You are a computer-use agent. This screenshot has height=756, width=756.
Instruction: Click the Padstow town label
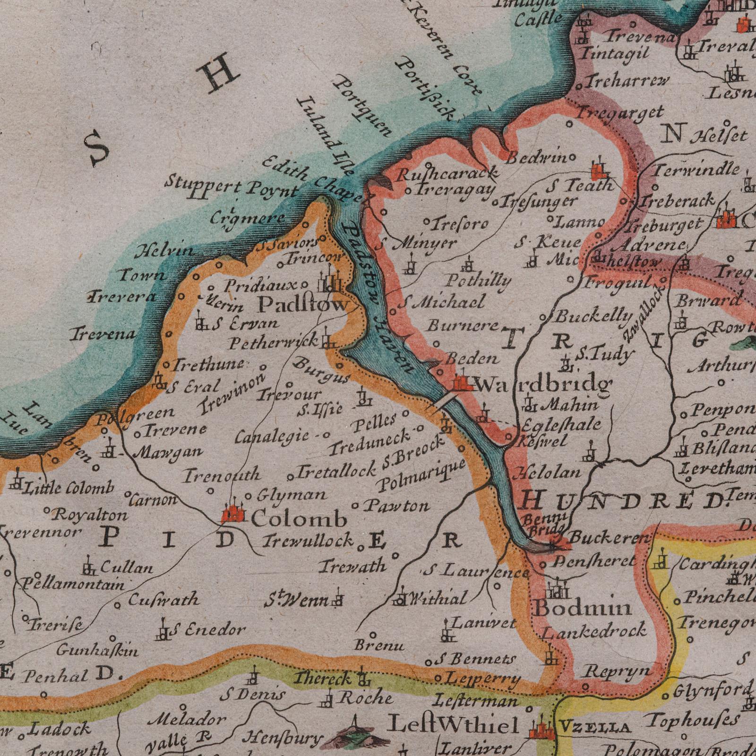[302, 306]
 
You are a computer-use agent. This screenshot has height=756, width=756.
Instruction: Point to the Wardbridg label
[543, 385]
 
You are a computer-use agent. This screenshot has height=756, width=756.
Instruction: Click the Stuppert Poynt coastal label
[232, 188]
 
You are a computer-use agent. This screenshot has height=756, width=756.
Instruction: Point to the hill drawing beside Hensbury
[355, 733]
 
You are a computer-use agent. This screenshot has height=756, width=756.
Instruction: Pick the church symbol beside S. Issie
[363, 398]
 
